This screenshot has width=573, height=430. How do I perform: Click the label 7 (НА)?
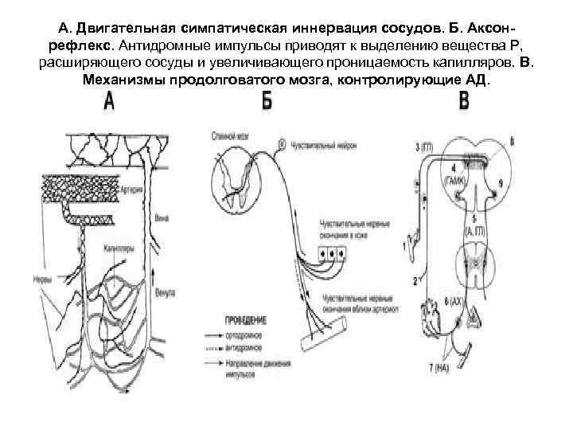click(439, 368)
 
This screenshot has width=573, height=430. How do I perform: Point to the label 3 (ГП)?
click(426, 146)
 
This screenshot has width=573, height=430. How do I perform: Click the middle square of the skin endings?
click(332, 254)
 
